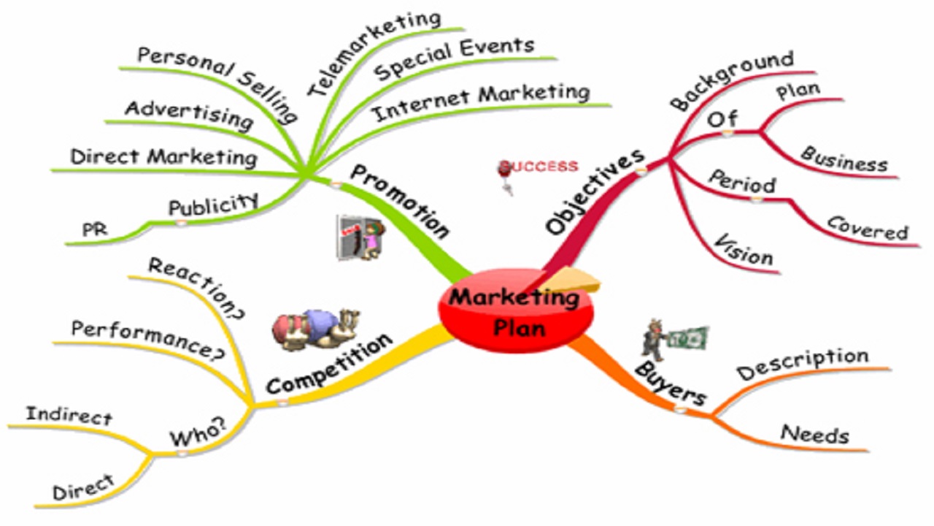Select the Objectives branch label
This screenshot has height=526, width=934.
click(595, 191)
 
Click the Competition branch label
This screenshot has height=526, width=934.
click(329, 364)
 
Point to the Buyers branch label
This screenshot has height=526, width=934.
click(671, 384)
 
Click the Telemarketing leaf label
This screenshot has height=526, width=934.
click(374, 53)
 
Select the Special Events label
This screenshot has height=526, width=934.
click(454, 58)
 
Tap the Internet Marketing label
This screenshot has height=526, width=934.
click(480, 102)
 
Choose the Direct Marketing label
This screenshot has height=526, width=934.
click(164, 158)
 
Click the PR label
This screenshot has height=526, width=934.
click(95, 229)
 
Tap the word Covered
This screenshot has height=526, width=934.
click(868, 229)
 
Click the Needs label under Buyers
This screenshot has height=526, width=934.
click(815, 434)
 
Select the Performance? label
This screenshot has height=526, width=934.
click(148, 340)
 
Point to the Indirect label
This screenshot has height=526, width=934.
click(69, 416)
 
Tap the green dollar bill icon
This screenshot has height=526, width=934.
click(687, 338)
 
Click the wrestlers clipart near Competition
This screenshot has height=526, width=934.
click(316, 329)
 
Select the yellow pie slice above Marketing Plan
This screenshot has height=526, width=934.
click(571, 280)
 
